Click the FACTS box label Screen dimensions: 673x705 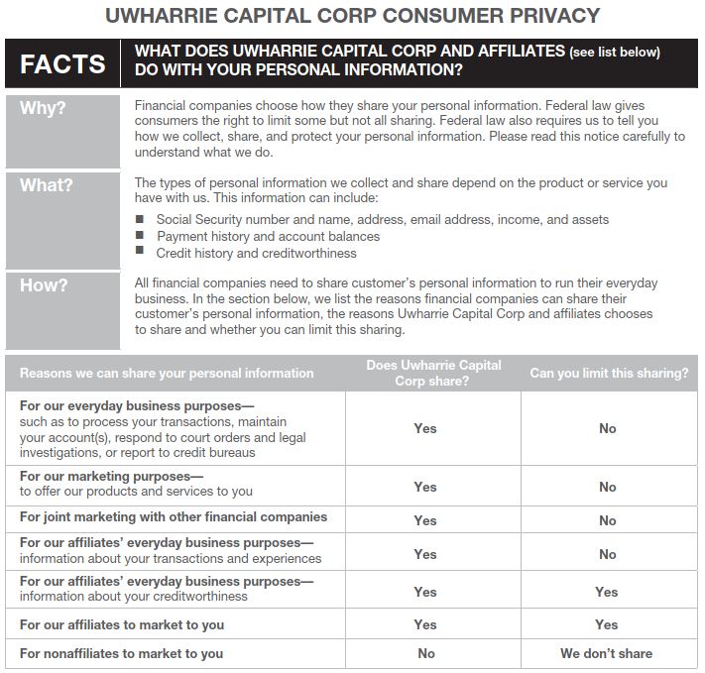coord(62,64)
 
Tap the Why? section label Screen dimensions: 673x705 coord(43,108)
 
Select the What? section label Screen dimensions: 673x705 coord(47,185)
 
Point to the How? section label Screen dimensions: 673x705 coord(45,285)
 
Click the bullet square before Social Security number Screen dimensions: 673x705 coord(140,219)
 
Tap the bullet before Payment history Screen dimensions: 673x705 coord(140,236)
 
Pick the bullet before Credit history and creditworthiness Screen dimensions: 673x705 coord(140,253)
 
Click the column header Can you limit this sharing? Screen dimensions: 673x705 coord(608,374)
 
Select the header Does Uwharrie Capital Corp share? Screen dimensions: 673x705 coord(433,373)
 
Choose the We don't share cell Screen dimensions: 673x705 coord(606,653)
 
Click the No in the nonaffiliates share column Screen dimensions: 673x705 coord(425,653)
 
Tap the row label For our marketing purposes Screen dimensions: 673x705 coord(111,476)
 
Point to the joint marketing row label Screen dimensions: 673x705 coord(173,517)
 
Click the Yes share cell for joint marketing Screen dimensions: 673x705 coord(425,520)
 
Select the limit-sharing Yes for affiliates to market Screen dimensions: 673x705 coord(606,624)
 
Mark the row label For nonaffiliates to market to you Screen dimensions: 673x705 coord(121,653)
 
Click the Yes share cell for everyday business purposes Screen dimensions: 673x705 coord(425,428)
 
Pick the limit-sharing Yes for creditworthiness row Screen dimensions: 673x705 coord(606,592)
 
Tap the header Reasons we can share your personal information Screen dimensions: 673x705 coord(167,374)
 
